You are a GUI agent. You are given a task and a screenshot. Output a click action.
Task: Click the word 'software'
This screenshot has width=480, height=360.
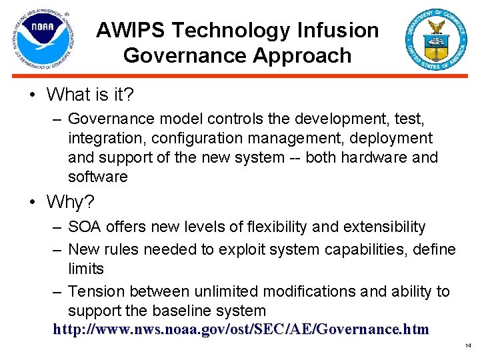coord(97,177)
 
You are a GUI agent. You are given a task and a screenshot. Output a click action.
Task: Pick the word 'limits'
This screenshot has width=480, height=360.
coord(86,269)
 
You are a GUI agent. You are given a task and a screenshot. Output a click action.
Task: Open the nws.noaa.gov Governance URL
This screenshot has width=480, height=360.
coord(241,329)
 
